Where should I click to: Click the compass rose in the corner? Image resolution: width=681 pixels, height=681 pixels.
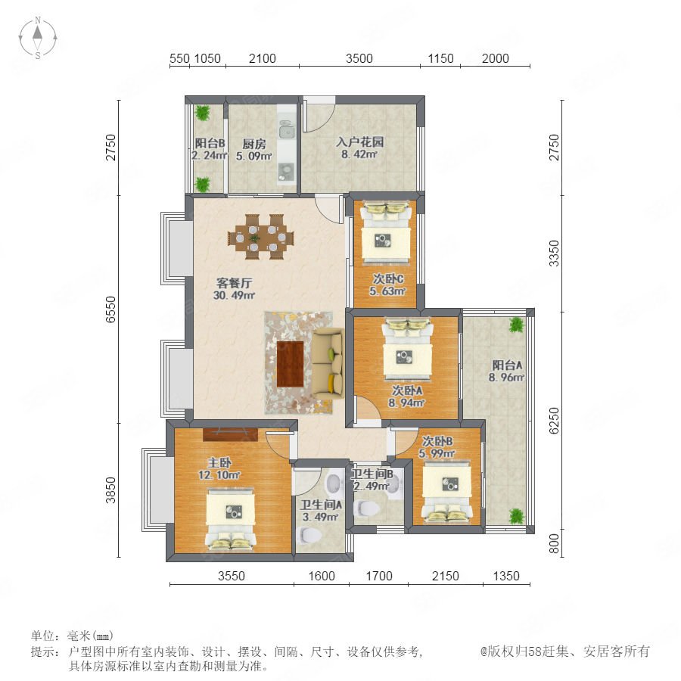tap(38, 37)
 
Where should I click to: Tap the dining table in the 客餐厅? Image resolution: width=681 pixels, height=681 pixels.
tap(260, 237)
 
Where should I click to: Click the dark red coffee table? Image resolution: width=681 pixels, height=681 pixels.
tap(290, 364)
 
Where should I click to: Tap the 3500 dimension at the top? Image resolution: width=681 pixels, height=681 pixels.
tap(359, 58)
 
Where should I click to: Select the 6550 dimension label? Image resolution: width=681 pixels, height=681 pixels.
tap(111, 309)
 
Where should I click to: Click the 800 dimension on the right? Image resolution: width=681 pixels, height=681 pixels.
tap(554, 544)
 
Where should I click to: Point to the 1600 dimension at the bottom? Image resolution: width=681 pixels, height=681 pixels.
tap(322, 576)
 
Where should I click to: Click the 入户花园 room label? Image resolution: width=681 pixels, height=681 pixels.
tap(359, 141)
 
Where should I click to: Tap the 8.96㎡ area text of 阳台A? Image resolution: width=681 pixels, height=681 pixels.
tap(506, 377)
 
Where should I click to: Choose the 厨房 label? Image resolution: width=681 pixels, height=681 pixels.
tap(254, 144)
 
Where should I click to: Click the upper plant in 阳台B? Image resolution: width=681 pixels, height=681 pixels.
tap(202, 113)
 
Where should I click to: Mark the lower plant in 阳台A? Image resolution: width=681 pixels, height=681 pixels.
tap(516, 516)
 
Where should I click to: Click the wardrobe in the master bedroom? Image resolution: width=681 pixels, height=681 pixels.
tap(230, 435)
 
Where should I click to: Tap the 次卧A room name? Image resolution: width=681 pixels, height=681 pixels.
tap(407, 390)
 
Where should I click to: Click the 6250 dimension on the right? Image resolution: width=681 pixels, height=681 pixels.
tap(554, 421)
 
